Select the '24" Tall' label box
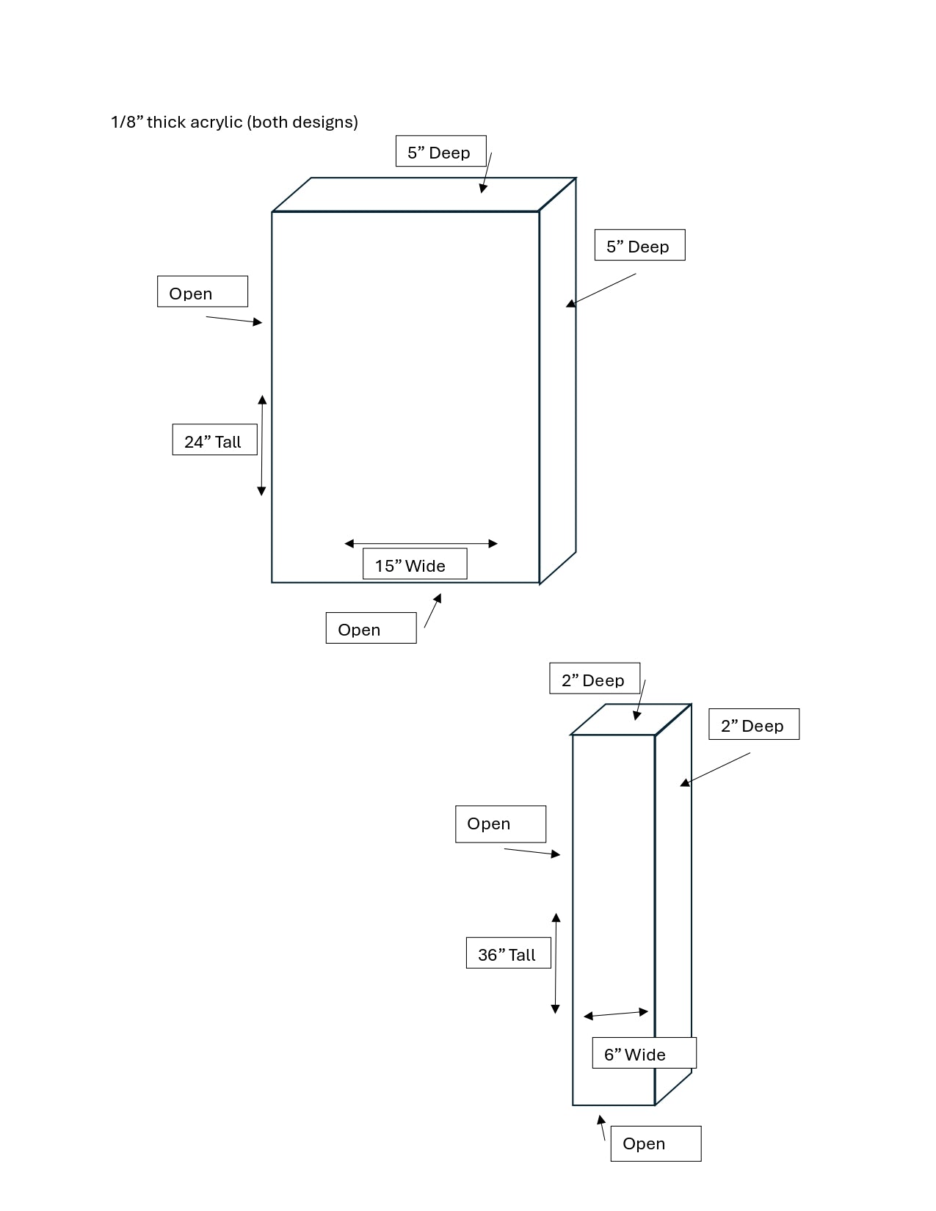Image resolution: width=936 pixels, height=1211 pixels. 214,440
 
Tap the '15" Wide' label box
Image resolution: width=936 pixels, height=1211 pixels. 415,564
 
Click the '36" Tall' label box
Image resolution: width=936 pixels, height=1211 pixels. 509,953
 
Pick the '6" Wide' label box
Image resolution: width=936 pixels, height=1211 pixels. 644,1052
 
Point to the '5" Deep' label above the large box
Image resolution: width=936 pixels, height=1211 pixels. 441,151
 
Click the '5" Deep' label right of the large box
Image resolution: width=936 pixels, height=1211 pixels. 640,244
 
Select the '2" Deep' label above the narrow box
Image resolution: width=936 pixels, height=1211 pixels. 595,678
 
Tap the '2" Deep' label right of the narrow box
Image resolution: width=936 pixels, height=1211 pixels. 754,724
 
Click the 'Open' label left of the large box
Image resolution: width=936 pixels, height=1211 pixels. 203,291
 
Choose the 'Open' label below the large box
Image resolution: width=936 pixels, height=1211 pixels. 371,628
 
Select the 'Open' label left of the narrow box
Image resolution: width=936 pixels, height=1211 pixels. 501,824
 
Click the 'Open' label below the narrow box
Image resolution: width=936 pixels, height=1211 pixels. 656,1143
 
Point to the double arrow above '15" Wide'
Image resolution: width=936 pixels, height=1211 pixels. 421,543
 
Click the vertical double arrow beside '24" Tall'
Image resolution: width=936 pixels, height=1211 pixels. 262,446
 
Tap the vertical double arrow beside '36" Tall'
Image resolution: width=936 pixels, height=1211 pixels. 556,963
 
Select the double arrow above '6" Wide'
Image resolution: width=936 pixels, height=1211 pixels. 616,1014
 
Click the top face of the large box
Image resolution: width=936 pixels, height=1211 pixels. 424,194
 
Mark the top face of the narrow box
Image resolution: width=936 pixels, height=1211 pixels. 631,719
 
